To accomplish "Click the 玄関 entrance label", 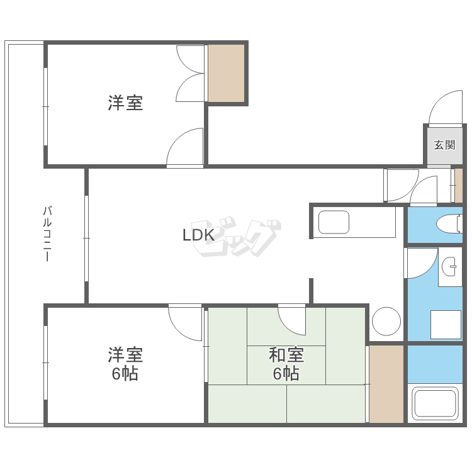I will (444, 145).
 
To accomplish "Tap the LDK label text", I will (199, 235).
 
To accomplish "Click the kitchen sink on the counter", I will (334, 222).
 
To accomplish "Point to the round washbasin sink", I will (451, 267).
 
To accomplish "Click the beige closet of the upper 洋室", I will (226, 73).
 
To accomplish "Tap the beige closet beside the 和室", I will (386, 384).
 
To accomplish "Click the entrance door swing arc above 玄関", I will (444, 108).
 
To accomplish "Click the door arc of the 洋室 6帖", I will (186, 321).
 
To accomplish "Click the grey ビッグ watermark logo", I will (237, 238).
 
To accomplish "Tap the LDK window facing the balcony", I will (86, 237).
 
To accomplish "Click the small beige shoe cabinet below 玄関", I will (459, 185).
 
